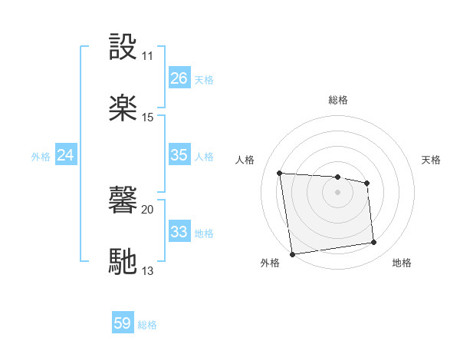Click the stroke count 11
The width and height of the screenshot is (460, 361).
pos(147,56)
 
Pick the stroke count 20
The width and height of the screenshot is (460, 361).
pos(147,208)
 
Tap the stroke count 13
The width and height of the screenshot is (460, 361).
pos(147,270)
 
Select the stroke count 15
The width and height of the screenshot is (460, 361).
pos(147,118)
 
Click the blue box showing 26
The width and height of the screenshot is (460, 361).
pos(179,78)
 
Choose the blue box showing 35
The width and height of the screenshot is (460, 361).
pos(179,155)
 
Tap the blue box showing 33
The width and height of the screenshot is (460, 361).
pos(179,231)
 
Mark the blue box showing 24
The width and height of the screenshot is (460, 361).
pos(65,155)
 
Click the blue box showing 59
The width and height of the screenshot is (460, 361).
pos(123,323)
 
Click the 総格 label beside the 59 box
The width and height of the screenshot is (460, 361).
pos(147,325)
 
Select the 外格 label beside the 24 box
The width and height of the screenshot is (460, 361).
pos(41,157)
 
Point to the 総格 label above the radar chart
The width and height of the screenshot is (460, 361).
pos(337,100)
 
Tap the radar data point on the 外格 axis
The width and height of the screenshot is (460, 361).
pos(292,254)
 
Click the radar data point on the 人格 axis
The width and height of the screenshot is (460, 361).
pos(280,173)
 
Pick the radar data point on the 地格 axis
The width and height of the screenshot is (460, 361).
pos(374,243)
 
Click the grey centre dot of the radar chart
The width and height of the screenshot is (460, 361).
pos(337,192)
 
